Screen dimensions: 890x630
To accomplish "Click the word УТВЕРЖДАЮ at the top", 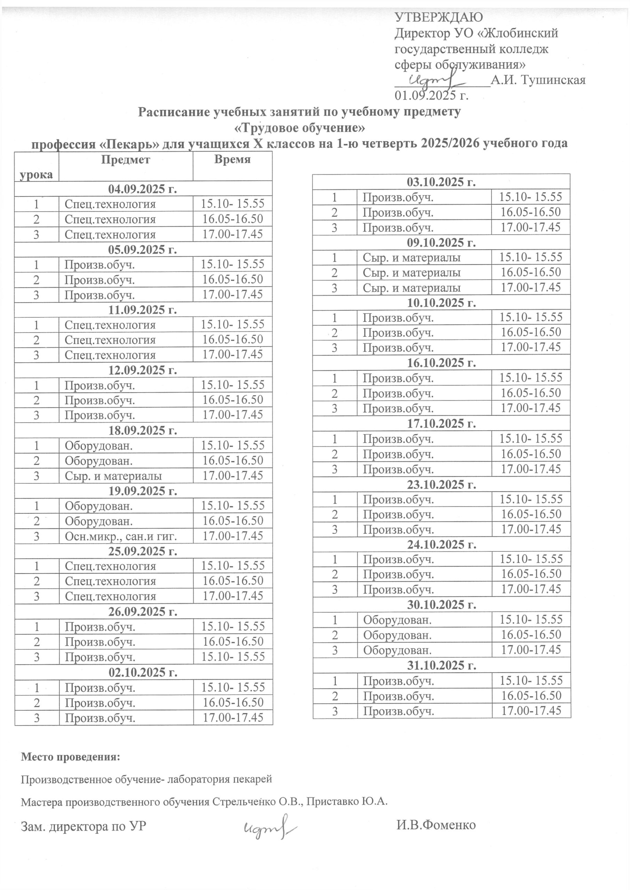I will pos(439,17).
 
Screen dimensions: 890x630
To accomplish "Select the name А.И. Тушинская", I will pos(538,80).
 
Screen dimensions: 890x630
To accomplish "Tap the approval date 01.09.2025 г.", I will pos(431,95).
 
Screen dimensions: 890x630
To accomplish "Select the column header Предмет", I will pos(125,159).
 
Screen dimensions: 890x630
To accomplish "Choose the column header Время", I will pos(232,159).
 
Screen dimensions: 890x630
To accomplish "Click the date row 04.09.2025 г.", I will pos(143,189).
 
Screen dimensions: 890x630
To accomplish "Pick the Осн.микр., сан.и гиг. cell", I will pos(121,536).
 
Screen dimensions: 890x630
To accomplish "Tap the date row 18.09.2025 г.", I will pos(143,430).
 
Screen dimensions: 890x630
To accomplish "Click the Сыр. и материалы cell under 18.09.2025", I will pos(113,476).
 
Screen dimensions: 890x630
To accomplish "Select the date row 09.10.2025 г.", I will pos(441,243).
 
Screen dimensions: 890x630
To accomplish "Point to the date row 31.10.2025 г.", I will pos(441,665).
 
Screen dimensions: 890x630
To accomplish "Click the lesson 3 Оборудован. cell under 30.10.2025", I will pos(397,650).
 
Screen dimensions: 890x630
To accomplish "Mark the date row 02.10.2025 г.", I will pos(143,672).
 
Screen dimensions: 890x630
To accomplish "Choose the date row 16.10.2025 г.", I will pos(441,363).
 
